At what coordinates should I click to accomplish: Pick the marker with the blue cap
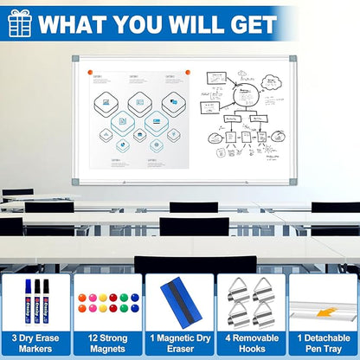tap(29, 299)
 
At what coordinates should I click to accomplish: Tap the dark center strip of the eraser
tap(180, 298)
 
